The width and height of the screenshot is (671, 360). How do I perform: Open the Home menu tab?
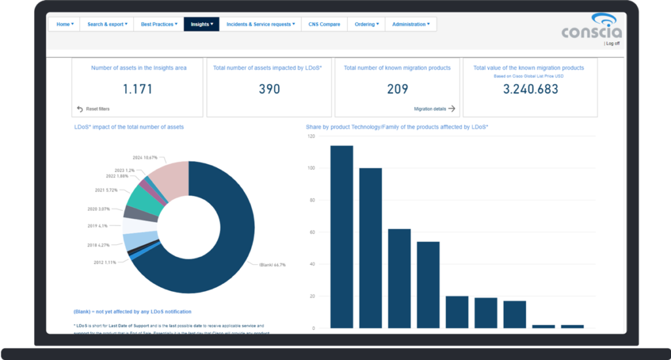click(x=64, y=24)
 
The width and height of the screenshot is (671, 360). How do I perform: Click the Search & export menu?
click(x=107, y=24)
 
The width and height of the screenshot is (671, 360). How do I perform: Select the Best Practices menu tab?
click(x=158, y=24)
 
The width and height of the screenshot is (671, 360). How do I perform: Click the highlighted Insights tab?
click(x=201, y=24)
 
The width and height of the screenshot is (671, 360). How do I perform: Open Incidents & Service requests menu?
click(x=260, y=24)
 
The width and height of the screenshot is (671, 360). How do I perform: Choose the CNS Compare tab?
click(x=324, y=24)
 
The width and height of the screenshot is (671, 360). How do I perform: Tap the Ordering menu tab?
click(x=366, y=24)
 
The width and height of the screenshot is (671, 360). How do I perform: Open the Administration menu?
click(x=410, y=24)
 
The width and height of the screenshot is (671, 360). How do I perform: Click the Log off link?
click(x=613, y=43)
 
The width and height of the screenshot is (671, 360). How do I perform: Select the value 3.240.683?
click(x=531, y=89)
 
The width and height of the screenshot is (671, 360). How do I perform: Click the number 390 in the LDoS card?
click(x=269, y=89)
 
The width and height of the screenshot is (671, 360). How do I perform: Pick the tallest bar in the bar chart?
click(x=341, y=236)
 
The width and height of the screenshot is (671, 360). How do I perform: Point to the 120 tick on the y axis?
click(x=311, y=136)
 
